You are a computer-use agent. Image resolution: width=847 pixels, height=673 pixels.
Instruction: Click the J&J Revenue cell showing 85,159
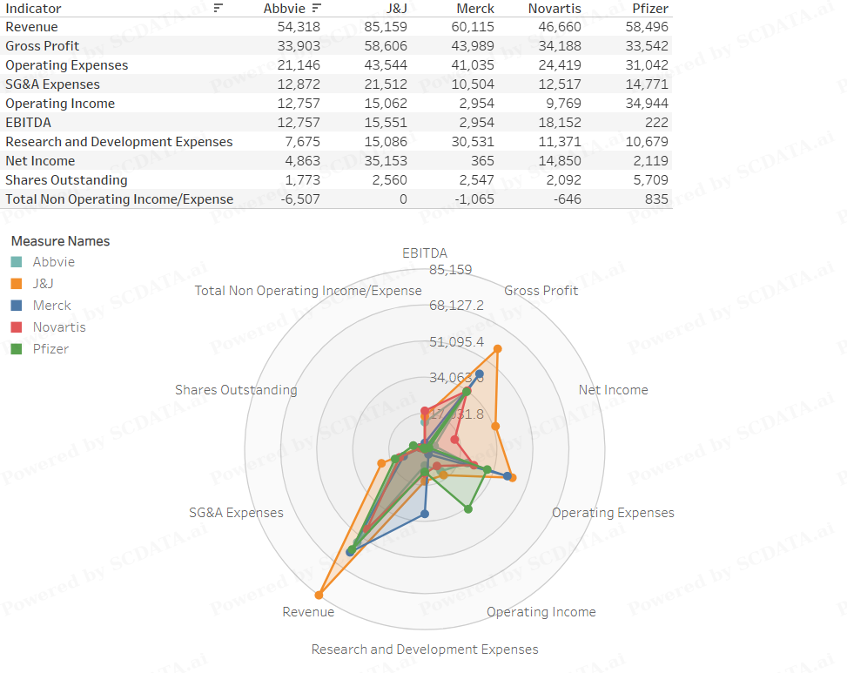(385, 27)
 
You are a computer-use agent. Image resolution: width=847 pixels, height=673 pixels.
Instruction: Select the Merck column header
(474, 9)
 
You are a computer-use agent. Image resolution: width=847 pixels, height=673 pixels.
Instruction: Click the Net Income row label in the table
(40, 161)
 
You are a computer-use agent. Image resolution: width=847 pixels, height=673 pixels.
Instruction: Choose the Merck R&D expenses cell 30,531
(474, 142)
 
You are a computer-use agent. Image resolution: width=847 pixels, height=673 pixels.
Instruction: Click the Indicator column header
(33, 9)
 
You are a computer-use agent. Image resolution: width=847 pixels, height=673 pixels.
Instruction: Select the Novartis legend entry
(59, 327)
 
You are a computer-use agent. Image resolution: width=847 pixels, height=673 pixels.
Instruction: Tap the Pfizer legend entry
(50, 349)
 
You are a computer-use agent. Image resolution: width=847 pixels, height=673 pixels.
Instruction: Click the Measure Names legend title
(60, 241)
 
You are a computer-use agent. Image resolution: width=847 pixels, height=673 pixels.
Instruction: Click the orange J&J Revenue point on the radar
(319, 596)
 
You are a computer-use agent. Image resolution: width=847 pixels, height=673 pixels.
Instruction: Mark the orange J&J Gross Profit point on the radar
(497, 349)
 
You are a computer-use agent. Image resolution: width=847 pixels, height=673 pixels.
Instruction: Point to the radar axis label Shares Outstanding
(236, 390)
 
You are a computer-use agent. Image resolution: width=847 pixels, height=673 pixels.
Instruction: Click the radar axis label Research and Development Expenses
(425, 649)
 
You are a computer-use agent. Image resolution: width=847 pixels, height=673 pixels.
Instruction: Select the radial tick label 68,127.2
(456, 306)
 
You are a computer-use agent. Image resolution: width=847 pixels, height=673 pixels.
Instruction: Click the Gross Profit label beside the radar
(541, 291)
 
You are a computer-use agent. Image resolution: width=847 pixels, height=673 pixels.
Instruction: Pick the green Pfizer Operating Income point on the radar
(468, 509)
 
